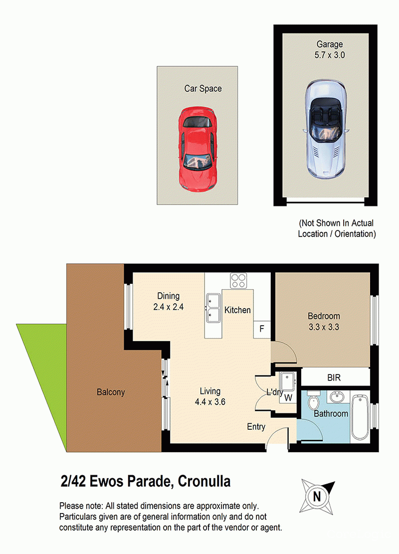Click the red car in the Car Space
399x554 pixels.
198,149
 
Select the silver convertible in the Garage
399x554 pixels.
326,129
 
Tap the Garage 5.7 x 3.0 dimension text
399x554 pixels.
330,55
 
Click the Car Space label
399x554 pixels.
203,88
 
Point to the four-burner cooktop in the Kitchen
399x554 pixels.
238,281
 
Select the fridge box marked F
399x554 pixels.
262,329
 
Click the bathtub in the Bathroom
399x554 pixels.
360,417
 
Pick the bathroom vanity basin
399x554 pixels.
337,397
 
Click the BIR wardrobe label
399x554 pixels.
334,377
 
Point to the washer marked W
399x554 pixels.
288,398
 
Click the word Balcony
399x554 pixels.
111,392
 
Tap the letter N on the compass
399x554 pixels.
317,497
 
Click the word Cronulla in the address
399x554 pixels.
204,481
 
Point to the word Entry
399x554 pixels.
256,427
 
